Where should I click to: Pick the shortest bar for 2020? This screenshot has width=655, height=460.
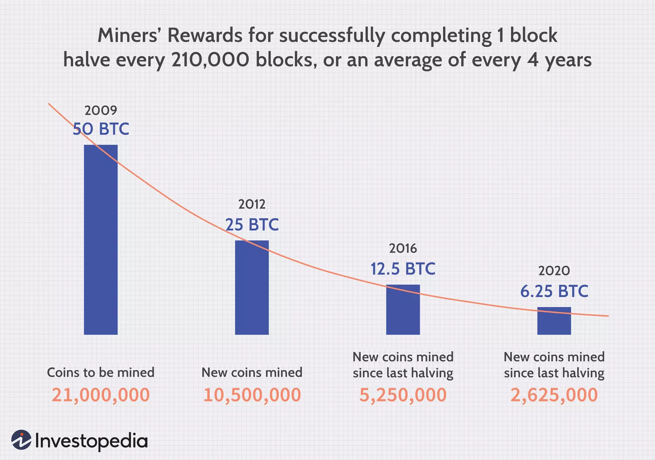[x=554, y=321]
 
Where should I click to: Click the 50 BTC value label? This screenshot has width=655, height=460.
[x=101, y=129]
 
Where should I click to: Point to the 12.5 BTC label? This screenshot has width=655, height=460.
[x=403, y=269]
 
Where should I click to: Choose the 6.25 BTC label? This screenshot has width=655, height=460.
[x=554, y=291]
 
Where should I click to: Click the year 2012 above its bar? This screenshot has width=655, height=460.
[x=252, y=204]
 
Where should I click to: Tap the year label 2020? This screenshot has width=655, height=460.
[x=554, y=271]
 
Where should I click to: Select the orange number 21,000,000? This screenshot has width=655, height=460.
[x=101, y=395]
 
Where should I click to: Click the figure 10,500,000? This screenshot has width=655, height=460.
[x=252, y=395]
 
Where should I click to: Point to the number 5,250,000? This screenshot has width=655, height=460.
[x=403, y=395]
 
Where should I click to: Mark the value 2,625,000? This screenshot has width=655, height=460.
[x=554, y=395]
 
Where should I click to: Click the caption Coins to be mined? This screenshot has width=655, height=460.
[x=101, y=373]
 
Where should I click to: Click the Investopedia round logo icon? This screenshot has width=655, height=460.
[x=21, y=440]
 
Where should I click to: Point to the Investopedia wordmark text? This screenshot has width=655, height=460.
[x=91, y=441]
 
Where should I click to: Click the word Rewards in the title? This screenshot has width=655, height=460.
[x=205, y=35]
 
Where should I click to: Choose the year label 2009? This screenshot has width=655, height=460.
[x=101, y=110]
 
